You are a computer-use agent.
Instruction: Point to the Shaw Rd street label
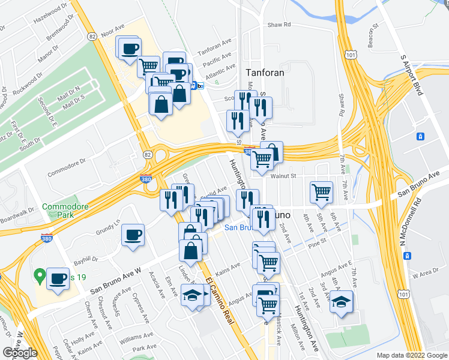coord(279,25)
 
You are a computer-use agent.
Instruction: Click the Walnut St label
coord(284,176)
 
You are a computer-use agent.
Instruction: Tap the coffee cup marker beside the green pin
coord(58,278)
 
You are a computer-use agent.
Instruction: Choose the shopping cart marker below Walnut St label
coord(322,192)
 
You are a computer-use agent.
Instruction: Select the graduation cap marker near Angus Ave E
coord(342,301)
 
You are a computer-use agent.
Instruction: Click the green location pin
coord(40,277)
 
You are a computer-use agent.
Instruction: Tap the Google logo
coord(20,353)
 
